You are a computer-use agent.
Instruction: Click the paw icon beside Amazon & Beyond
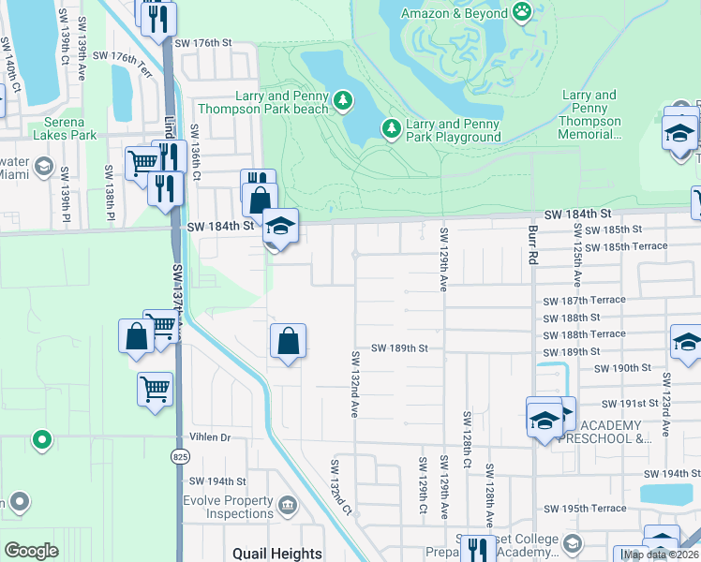tap(523, 12)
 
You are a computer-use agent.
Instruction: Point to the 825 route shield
tap(179, 455)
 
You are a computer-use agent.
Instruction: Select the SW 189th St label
tap(399, 348)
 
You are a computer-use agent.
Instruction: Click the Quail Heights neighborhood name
tap(276, 554)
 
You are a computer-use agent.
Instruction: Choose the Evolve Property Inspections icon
tap(287, 507)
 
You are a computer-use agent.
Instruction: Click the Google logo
tap(31, 551)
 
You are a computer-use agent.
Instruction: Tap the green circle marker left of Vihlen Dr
tap(40, 438)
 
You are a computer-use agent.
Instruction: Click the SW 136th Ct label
tap(196, 153)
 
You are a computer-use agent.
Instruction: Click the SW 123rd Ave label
tap(666, 405)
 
